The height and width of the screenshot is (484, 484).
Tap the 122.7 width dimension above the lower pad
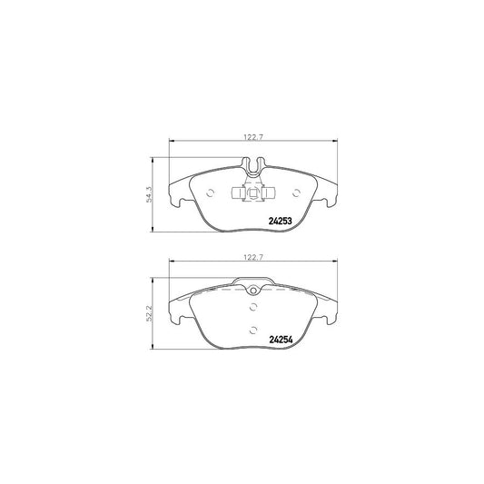tap(252, 258)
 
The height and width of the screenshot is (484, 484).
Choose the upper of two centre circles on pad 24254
tap(252, 306)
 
